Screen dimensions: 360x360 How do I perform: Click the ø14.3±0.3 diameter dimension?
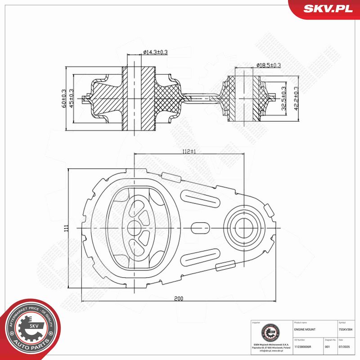click(x=155, y=53)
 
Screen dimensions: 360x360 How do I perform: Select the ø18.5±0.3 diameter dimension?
click(x=268, y=66)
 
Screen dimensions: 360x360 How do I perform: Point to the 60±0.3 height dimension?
click(x=63, y=97)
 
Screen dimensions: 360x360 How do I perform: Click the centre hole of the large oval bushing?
click(x=135, y=228)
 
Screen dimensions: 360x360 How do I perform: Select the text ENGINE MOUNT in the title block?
click(x=305, y=330)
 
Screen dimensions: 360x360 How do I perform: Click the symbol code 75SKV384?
click(x=346, y=330)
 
